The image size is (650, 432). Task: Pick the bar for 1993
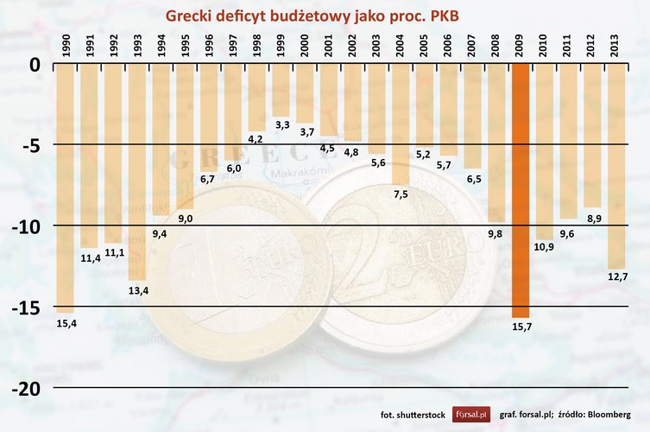coord(137,173)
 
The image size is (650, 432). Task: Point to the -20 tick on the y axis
coord(27,388)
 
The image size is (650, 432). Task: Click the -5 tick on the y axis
coord(30,145)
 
